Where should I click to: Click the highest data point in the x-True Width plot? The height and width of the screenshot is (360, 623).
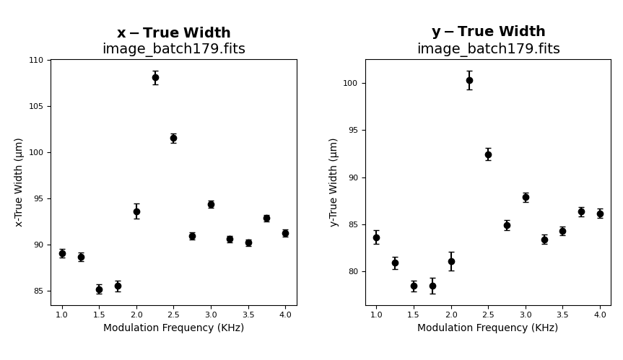coord(155,77)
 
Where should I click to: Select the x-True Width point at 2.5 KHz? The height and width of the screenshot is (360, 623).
coord(173,138)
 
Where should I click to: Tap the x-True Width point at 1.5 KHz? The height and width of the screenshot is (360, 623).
coord(99,289)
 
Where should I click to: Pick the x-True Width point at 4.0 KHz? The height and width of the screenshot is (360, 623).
coord(285,233)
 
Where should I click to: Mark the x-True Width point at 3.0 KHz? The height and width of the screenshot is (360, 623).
coord(211,204)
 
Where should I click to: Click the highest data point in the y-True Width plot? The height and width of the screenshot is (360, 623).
coord(469,80)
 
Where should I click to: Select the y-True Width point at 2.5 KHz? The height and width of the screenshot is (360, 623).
coord(488,154)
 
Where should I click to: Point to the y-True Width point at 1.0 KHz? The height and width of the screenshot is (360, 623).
coord(376,237)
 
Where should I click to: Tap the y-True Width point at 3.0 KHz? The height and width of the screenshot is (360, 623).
coord(526,197)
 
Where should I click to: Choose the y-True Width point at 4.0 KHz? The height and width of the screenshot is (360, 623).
coord(600,214)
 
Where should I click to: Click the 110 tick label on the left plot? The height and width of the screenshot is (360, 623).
coord(36,60)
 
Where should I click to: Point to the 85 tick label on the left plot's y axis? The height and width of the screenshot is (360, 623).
coord(38,291)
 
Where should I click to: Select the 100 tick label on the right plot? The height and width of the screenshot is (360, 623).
coord(351,84)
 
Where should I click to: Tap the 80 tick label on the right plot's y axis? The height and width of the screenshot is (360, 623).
coord(353,272)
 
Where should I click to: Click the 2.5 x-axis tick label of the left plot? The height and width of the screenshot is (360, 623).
coord(173,315)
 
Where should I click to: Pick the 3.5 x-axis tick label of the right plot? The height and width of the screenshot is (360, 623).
coord(562,315)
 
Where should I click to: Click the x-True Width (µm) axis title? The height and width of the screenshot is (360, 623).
coord(19,182)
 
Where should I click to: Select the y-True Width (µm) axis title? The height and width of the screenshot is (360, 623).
coord(334,182)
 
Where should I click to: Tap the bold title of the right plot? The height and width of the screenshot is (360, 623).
coord(488,32)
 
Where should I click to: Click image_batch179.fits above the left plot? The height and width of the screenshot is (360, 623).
coord(173,49)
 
